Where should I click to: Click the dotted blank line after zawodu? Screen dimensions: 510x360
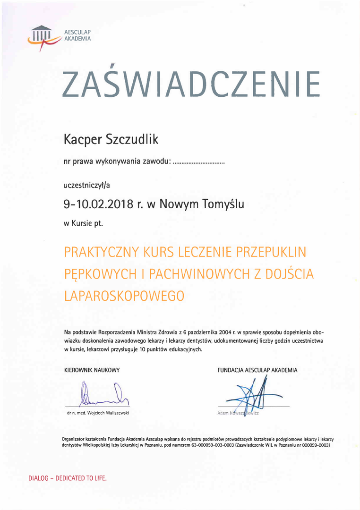point(198,162)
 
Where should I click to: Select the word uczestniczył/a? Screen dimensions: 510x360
point(86,185)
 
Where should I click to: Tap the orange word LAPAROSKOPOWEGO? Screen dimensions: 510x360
point(123,296)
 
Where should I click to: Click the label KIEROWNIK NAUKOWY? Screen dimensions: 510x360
point(92,370)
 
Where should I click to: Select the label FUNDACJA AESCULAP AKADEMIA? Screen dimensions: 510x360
point(257,370)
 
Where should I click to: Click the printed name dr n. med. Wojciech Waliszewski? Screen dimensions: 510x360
point(98,413)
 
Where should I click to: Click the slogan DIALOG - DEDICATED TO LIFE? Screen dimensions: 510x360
point(68,478)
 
